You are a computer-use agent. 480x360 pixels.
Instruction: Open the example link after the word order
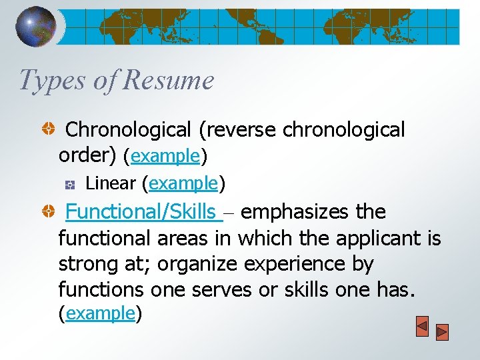click(x=166, y=156)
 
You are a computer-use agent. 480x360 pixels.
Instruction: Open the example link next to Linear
click(x=184, y=183)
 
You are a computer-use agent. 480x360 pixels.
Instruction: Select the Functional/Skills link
click(x=142, y=212)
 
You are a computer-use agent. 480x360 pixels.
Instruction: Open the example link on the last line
click(x=101, y=313)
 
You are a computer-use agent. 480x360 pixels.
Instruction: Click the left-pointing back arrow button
click(x=422, y=329)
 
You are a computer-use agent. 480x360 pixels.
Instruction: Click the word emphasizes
click(x=295, y=212)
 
